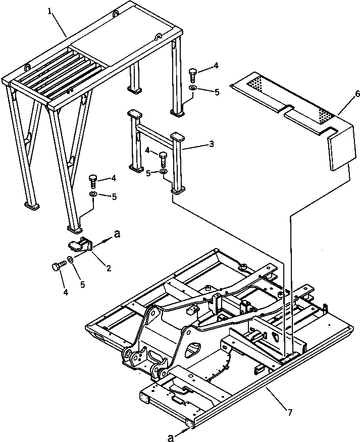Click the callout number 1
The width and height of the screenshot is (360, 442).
click(51, 11)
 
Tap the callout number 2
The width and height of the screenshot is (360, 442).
click(109, 268)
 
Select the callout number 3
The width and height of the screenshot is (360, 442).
click(211, 144)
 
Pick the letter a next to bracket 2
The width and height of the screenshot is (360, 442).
click(118, 234)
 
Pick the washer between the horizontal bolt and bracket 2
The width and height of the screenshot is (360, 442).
click(70, 260)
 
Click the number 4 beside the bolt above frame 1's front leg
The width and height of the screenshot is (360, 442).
click(114, 178)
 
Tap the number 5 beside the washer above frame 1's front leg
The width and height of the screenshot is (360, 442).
click(114, 197)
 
